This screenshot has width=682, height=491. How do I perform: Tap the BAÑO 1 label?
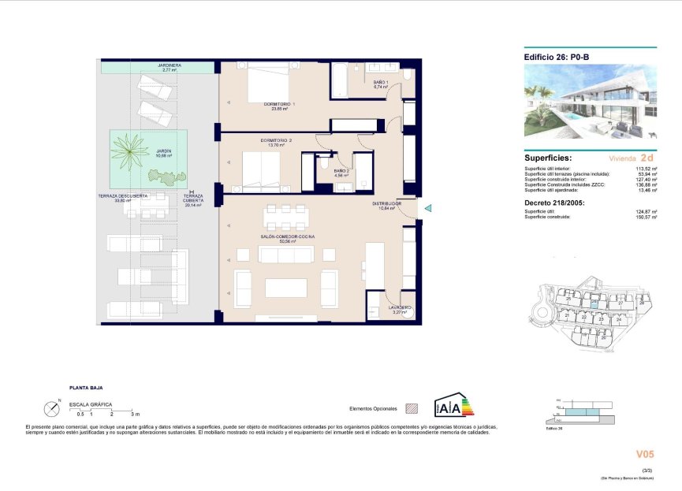coord(381,82)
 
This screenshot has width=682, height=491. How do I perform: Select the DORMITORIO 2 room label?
coord(276,140)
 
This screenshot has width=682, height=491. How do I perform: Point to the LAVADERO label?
coord(400,307)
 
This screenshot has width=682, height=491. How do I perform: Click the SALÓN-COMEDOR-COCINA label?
coord(289,236)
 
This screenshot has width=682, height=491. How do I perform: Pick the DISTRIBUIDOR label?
coord(387,203)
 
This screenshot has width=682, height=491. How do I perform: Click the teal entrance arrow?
coord(428,208)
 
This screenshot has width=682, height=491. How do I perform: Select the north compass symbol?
coord(52,408)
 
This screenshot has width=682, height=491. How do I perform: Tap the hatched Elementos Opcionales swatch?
coord(411,409)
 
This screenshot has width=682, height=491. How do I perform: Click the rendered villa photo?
coord(590,101)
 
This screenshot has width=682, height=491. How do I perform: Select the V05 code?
coord(645,454)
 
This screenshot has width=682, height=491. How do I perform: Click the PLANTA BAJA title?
coord(86,388)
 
